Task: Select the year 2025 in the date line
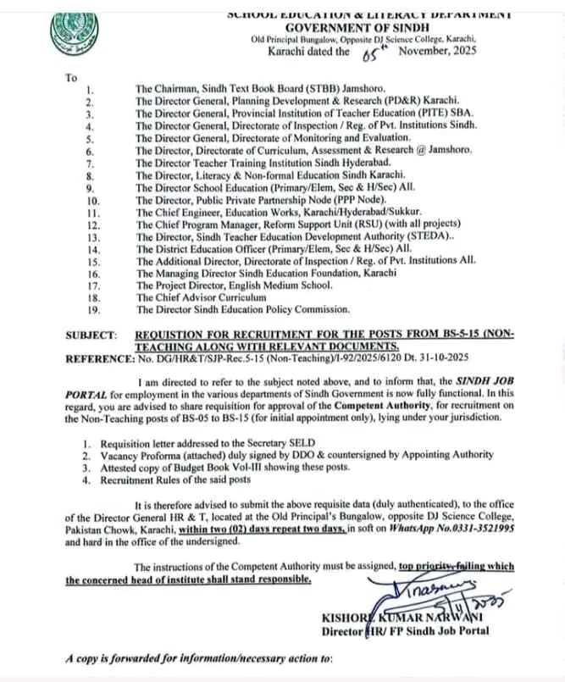pyautogui.click(x=457, y=52)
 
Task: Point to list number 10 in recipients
pyautogui.click(x=93, y=200)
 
